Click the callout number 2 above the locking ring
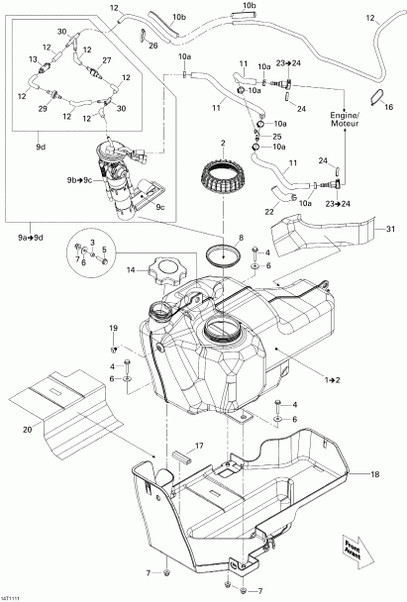[x=224, y=144]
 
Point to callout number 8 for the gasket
[x=238, y=238]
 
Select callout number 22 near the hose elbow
[x=267, y=210]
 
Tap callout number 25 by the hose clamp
[x=277, y=136]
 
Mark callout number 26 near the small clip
[x=152, y=44]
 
